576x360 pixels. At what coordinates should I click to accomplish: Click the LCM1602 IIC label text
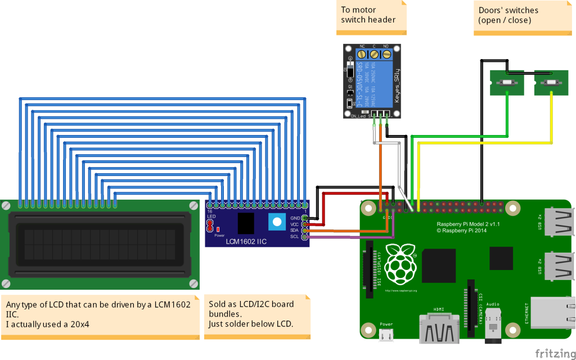pyautogui.click(x=246, y=241)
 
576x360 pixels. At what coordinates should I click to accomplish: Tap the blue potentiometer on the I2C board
pyautogui.click(x=276, y=222)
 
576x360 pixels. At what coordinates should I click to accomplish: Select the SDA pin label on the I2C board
pyautogui.click(x=294, y=230)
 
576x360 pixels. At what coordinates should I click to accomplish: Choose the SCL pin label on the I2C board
pyautogui.click(x=294, y=236)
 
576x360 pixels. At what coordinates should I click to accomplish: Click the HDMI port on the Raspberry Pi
pyautogui.click(x=440, y=328)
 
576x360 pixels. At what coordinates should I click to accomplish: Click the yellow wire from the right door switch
pyautogui.click(x=484, y=143)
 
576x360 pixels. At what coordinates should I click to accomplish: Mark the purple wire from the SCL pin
pyautogui.click(x=349, y=237)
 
